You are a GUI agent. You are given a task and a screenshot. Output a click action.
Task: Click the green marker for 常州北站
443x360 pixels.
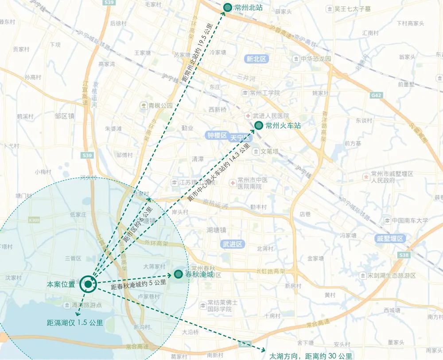click(x=227, y=7)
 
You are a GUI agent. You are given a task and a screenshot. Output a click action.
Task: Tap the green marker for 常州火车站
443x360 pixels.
click(x=259, y=125)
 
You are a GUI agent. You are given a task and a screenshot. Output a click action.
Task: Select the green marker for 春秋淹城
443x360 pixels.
click(x=178, y=275)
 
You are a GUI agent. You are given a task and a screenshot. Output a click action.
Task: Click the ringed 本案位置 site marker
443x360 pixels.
click(x=88, y=284)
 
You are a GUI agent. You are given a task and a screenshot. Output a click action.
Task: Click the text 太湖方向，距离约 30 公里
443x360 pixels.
click(x=311, y=356)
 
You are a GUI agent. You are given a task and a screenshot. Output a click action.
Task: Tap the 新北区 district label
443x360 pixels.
click(x=256, y=58)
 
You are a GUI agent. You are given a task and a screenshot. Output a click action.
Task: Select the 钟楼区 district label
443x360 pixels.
click(x=217, y=135)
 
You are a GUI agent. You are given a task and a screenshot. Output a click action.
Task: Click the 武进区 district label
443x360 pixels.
click(x=231, y=244)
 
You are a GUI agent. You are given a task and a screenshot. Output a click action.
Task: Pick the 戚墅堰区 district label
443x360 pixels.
click(x=389, y=238)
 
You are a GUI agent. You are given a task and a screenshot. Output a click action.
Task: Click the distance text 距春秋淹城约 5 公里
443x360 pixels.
click(x=139, y=285)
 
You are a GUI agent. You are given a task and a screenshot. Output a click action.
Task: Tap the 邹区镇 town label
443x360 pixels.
click(x=65, y=116)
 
